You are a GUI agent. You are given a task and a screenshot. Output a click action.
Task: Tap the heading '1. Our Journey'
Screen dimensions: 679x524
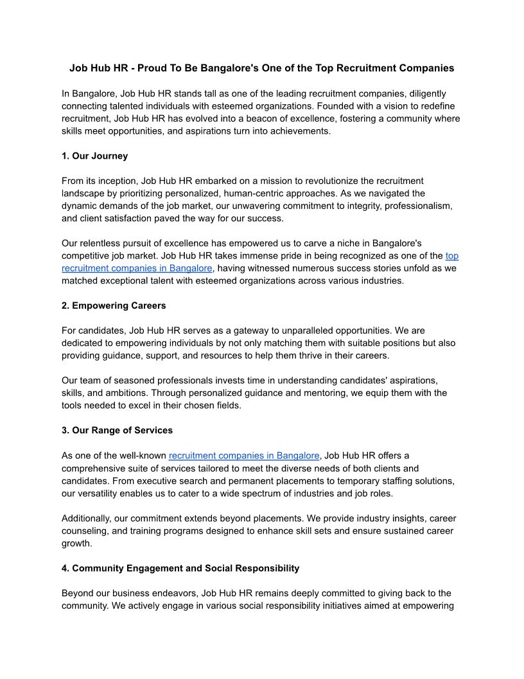point(94,156)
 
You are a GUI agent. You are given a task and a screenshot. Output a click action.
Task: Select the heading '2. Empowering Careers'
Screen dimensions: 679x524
point(114,305)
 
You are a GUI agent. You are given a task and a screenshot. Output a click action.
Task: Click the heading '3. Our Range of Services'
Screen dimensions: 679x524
point(117,430)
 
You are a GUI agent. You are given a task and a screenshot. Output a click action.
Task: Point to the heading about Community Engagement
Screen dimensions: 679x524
point(180,568)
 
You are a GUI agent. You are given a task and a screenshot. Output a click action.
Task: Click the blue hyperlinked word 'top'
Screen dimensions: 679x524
point(452,256)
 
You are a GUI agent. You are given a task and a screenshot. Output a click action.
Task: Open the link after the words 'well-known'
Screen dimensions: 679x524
point(244,456)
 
